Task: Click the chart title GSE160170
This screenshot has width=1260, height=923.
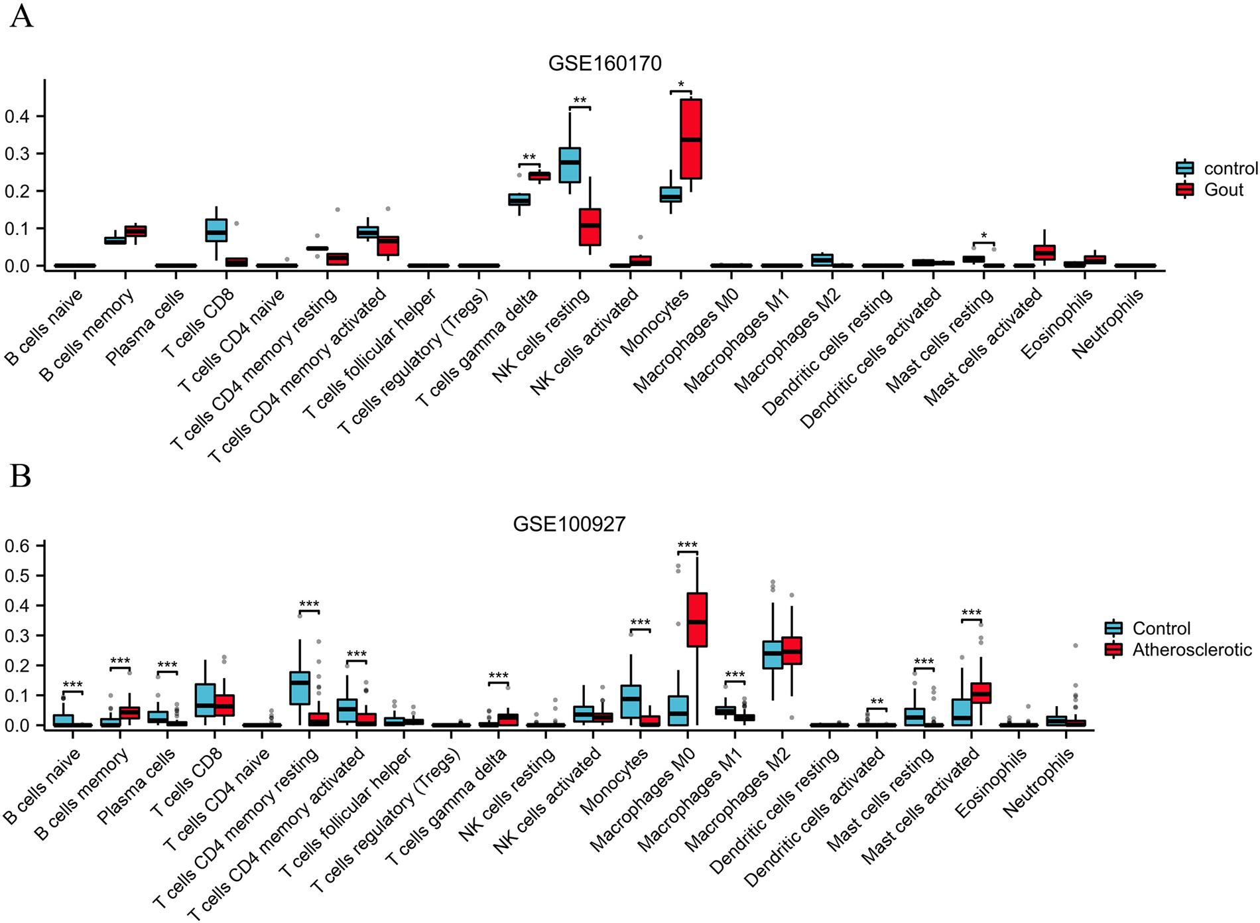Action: pos(605,64)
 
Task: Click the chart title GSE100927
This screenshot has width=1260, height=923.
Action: pos(569,524)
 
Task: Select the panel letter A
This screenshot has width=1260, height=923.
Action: pos(21,16)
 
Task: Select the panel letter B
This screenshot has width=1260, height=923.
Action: pos(20,476)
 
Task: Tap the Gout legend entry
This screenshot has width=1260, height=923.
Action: pos(1223,190)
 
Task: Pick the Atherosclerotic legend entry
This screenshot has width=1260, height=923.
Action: pos(1192,650)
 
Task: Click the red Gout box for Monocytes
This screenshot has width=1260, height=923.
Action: pos(691,139)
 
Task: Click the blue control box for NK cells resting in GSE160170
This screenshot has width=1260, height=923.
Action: pos(570,165)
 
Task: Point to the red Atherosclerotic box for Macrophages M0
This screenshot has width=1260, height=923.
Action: pos(697,619)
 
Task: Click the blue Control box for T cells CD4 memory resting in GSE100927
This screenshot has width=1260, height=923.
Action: pos(300,687)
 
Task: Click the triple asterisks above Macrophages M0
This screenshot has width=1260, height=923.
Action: pos(688,545)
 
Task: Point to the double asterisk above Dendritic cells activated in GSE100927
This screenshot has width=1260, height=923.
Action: pos(877,702)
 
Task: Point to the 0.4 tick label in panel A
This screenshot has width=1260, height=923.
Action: pos(17,117)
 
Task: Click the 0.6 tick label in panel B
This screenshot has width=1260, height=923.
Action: pos(17,546)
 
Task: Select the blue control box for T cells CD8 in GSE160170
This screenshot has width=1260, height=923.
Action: pos(216,230)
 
